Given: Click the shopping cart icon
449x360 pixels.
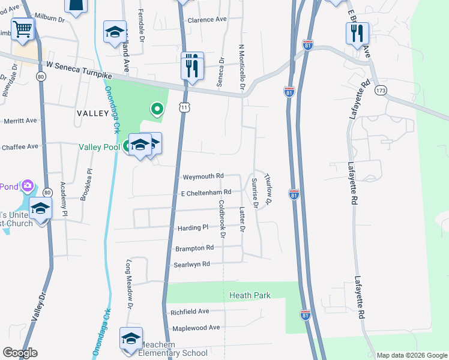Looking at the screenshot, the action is click(x=22, y=28).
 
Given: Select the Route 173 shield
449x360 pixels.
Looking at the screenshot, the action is click(x=380, y=90).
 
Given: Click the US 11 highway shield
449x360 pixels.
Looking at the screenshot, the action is click(x=184, y=107).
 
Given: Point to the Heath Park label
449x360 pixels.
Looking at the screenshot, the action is click(x=250, y=295).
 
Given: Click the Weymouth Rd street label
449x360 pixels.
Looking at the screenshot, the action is click(x=202, y=176).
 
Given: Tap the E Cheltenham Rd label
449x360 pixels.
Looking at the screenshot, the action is click(x=206, y=192).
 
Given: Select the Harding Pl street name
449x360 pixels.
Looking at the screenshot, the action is click(x=193, y=228).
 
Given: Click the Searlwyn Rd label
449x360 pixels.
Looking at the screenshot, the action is click(x=192, y=264).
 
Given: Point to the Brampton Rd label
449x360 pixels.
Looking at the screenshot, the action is click(x=194, y=248).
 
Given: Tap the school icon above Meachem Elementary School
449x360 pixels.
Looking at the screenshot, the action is click(x=131, y=338).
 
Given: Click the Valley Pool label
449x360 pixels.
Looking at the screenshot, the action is click(x=98, y=147).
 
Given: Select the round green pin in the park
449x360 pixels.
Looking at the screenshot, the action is click(x=157, y=109).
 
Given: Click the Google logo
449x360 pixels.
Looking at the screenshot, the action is click(x=20, y=353).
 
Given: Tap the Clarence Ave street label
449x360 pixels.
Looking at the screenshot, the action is click(x=207, y=20).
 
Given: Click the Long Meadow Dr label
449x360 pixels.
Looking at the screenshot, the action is click(x=128, y=282).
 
